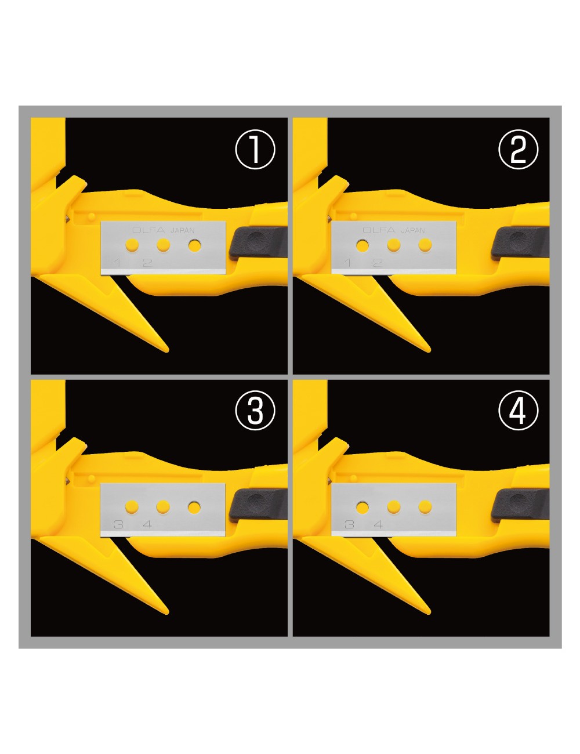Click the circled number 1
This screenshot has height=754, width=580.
coord(255,150)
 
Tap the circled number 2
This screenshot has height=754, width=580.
coord(518,150)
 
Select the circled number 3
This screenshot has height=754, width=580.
coord(255,411)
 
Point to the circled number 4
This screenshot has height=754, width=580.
coord(518,411)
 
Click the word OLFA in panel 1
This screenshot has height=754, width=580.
coord(148,230)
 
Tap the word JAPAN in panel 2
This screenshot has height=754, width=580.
coord(412,230)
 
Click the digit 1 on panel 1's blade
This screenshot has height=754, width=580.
coord(118,263)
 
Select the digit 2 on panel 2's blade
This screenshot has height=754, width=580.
coord(378,263)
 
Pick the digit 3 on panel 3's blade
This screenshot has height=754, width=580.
coord(118,524)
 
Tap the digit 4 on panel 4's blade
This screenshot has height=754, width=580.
coord(378,524)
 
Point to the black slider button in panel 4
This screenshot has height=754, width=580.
coord(519,503)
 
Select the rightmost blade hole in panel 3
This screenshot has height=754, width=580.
coord(194,507)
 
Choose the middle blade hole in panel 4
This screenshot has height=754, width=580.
coord(394,507)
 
